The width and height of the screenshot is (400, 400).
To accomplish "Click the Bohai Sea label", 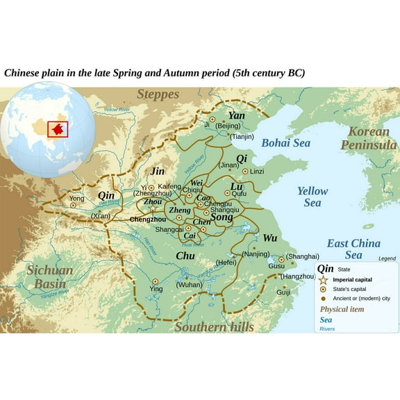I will tap(285, 143).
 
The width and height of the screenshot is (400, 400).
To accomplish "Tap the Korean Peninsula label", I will tap(369, 138).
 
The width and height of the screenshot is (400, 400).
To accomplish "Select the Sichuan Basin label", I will tap(49, 276).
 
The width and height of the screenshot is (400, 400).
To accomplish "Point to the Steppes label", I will tap(158, 94).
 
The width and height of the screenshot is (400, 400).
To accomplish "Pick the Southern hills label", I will tap(214, 326).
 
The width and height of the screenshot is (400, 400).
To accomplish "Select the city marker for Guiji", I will tap(284, 286).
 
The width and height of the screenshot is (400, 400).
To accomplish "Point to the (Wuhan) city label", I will tap(189, 285).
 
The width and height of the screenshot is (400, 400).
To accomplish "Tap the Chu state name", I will tap(185, 256).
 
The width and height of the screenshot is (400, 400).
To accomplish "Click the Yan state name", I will tap(237, 115).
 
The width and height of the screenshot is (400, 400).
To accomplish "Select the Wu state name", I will tap(270, 238).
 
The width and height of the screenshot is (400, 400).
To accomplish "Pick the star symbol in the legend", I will tap(323, 280).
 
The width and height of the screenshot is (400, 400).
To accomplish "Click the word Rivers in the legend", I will tap(327, 328).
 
